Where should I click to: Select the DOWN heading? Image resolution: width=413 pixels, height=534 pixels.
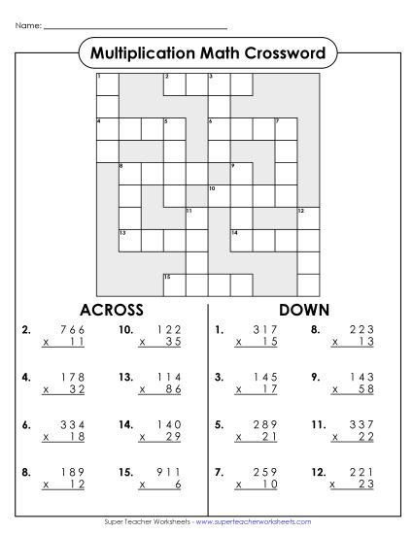[x=303, y=310]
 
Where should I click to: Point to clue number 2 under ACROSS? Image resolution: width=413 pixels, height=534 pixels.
[x=25, y=331]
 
